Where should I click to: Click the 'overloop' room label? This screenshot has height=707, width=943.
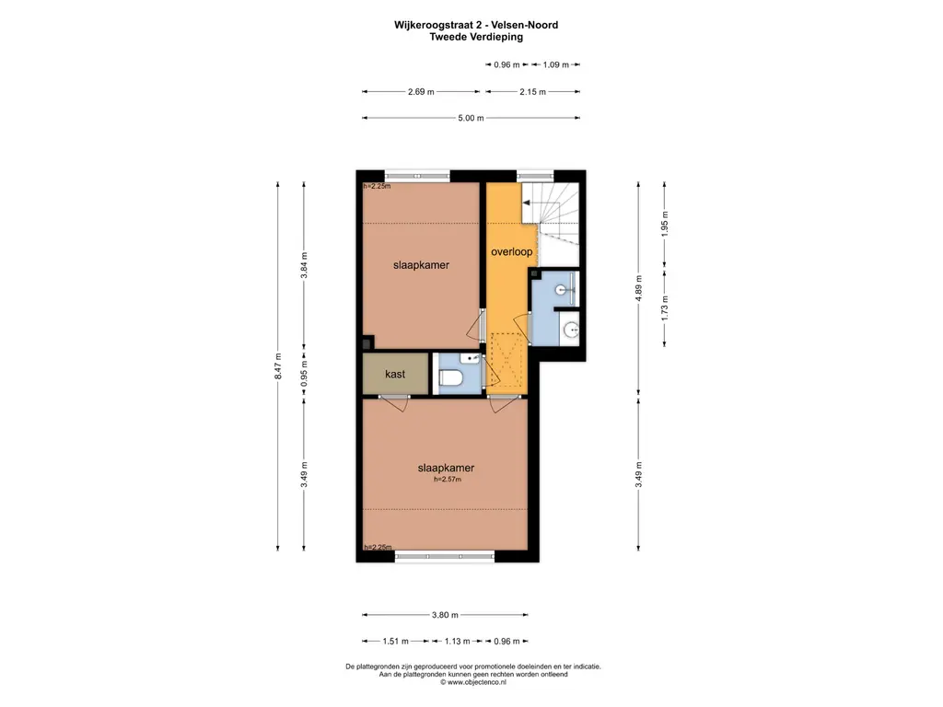(511, 252)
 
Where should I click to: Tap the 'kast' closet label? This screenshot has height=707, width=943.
(395, 374)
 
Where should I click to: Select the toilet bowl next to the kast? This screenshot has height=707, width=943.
(450, 378)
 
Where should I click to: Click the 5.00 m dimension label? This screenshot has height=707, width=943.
(471, 118)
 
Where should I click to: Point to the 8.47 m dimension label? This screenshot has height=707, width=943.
(278, 366)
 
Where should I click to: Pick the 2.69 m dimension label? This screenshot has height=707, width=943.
(421, 92)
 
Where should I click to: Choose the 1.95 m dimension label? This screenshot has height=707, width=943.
(665, 224)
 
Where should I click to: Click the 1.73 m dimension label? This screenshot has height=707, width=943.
(665, 307)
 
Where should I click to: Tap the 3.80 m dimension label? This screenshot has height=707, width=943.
(445, 615)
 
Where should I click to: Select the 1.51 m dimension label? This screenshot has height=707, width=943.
(396, 642)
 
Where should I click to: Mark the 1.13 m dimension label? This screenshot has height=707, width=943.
(457, 642)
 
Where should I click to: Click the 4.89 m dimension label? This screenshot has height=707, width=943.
(639, 288)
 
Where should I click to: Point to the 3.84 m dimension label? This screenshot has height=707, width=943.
(304, 264)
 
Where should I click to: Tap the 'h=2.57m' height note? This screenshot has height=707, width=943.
(448, 479)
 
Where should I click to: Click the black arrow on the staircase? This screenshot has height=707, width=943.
(527, 203)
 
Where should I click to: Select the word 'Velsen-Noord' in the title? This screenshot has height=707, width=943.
(524, 25)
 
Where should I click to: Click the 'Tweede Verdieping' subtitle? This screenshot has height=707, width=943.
(476, 37)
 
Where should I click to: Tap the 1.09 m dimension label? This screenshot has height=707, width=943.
(555, 65)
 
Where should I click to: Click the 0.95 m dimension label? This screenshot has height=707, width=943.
(304, 374)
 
